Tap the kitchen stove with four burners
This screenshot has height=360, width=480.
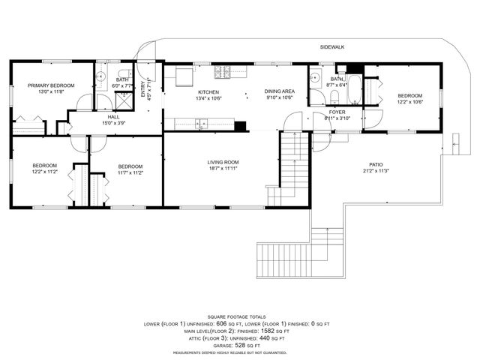pos(223,73)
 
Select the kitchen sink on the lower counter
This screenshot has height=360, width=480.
pos(202,124)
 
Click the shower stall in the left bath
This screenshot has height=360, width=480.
pos(124,100)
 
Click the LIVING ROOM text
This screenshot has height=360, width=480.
pos(223,162)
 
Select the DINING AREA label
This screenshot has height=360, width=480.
pos(278,91)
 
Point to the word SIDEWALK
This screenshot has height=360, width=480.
pos(331,46)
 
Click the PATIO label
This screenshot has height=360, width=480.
pos(376,164)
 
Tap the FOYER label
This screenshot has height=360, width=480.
pos(337,112)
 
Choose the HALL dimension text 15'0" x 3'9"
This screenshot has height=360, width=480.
pos(113,123)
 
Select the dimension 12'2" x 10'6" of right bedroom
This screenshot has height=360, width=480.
pos(409,102)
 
